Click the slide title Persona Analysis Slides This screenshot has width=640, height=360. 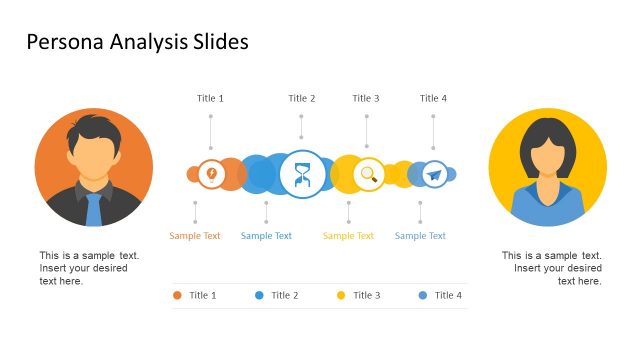click(x=137, y=42)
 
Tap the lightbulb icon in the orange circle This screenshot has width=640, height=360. click(x=211, y=174)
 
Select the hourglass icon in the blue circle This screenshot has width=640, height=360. click(x=302, y=175)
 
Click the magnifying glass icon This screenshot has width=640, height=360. click(x=369, y=175)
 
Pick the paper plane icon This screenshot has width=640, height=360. click(x=433, y=175)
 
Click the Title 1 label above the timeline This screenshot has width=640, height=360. click(x=210, y=98)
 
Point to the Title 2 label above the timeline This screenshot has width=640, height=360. click(x=302, y=98)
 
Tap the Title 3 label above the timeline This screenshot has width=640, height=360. click(x=366, y=98)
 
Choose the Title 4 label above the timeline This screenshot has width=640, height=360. click(x=433, y=98)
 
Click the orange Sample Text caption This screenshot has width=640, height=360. click(x=195, y=236)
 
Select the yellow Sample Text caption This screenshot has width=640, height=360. click(x=348, y=236)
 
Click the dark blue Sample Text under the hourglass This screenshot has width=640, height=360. click(x=266, y=236)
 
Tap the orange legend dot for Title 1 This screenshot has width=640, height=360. click(x=177, y=295)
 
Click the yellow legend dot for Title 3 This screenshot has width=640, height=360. click(x=341, y=295)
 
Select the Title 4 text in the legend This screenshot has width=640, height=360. click(x=448, y=295)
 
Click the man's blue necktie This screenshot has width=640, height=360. click(x=94, y=209)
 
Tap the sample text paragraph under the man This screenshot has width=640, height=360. click(x=89, y=268)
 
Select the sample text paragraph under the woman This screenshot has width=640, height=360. click(x=552, y=268)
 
